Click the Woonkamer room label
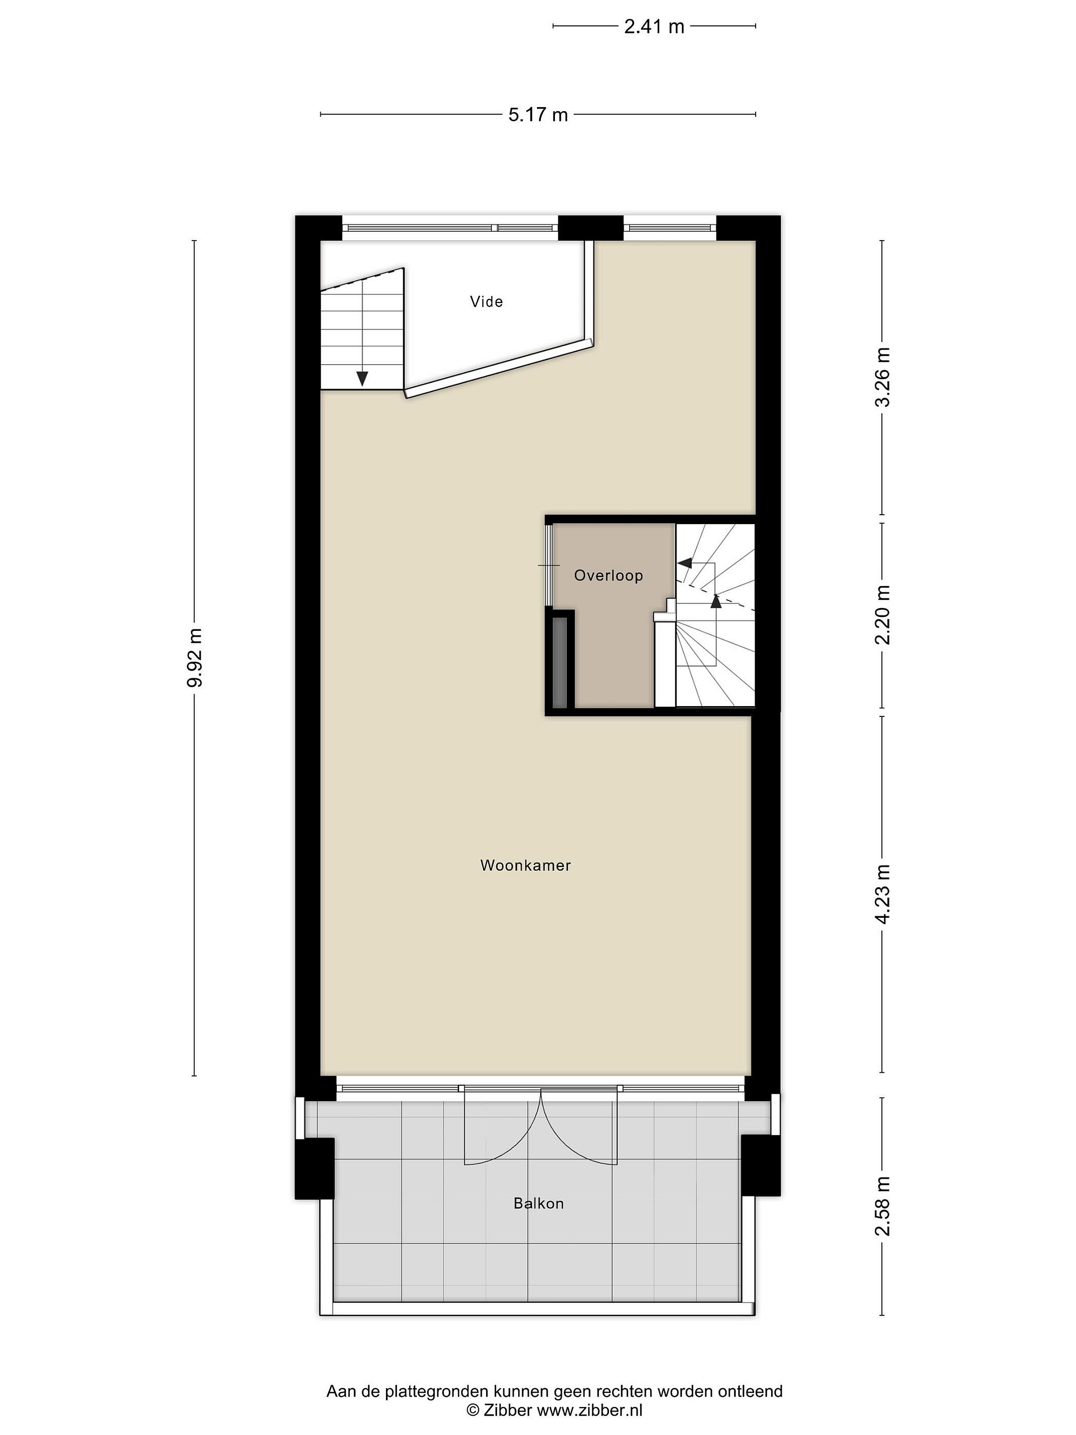pyautogui.click(x=526, y=865)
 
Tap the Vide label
pyautogui.click(x=486, y=301)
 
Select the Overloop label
pyautogui.click(x=608, y=575)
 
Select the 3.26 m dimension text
pyautogui.click(x=883, y=377)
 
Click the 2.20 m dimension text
pyautogui.click(x=883, y=614)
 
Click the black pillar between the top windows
pyautogui.click(x=590, y=228)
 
